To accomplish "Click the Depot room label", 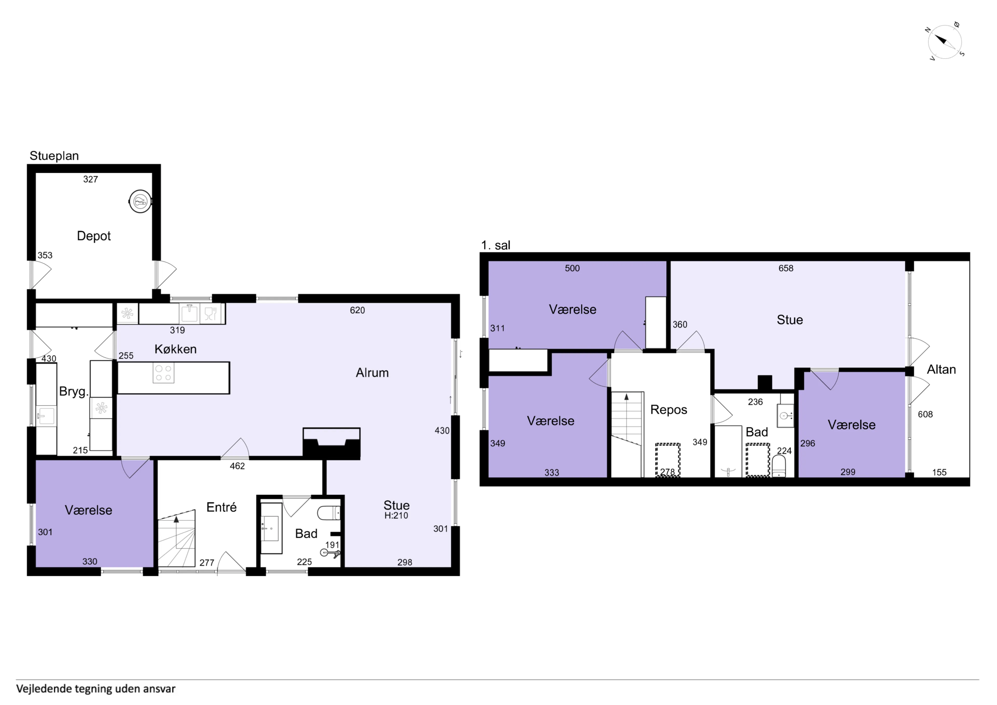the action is [x=94, y=236].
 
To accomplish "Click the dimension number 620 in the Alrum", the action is [x=357, y=310].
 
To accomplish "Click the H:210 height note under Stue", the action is [x=396, y=516].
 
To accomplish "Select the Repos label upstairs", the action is [x=669, y=409].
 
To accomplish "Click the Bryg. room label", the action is [x=74, y=392].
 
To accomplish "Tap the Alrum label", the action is [x=372, y=373].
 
